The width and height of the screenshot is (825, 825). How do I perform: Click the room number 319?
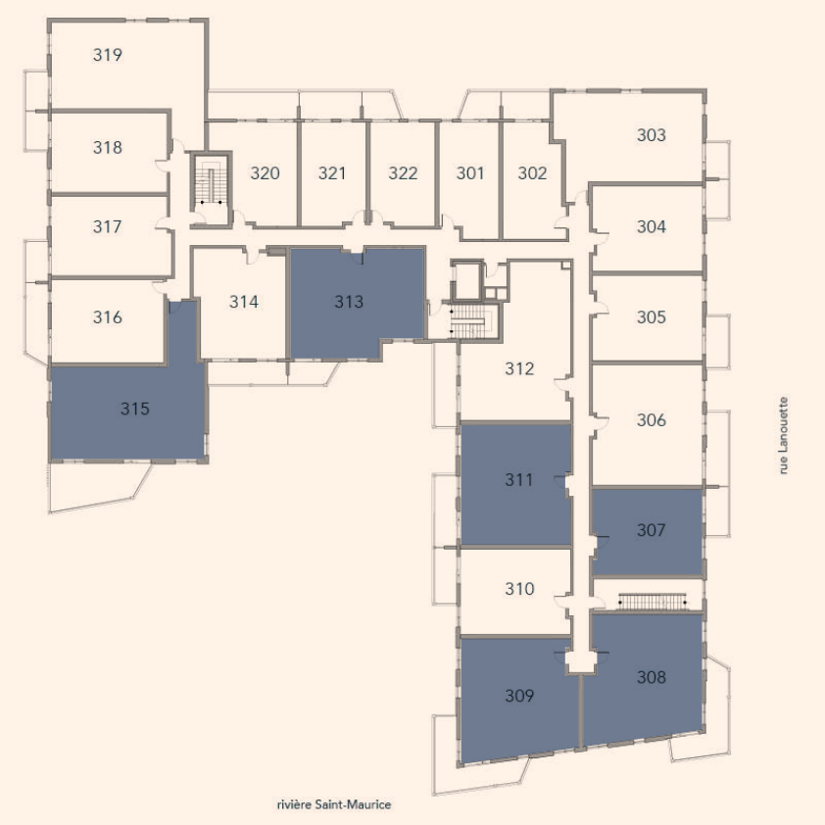coord(108,55)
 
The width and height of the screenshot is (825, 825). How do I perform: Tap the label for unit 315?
coord(134,409)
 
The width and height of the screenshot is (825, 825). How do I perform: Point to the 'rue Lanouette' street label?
coord(784,436)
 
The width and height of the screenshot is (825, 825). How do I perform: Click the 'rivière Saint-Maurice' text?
coord(333,804)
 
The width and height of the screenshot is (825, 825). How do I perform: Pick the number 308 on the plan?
coord(652,677)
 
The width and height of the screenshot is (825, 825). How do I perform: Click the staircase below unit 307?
coord(653,602)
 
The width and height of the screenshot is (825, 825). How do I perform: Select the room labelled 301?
coord(470,173)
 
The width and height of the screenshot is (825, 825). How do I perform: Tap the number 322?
coord(403,173)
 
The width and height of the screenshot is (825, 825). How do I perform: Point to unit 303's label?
coord(652,135)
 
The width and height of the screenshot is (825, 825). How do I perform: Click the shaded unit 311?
coord(515,484)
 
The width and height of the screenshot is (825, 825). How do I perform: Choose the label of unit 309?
coord(519,696)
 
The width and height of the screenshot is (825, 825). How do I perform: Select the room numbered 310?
coord(519,589)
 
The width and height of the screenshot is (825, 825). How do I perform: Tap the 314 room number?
coord(244,302)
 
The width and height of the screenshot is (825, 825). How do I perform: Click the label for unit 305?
coord(652,317)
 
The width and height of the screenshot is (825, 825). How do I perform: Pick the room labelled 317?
coord(108,226)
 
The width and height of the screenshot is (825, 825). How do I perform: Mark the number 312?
coord(519,368)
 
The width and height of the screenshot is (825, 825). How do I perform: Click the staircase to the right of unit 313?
coord(471,321)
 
